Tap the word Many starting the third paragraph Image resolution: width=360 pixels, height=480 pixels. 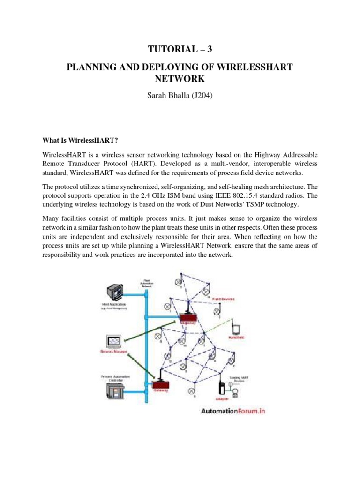click(x=52, y=219)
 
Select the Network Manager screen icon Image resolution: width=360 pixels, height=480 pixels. click(x=114, y=340)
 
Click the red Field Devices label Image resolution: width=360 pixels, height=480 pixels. click(x=223, y=299)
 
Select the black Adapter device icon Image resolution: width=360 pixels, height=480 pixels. click(x=221, y=388)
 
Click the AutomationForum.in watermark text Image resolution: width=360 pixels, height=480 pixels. click(x=233, y=411)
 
